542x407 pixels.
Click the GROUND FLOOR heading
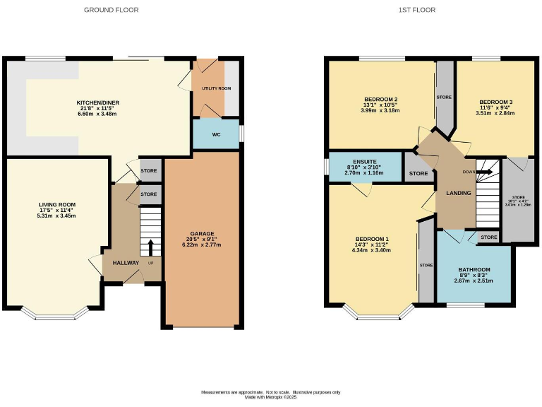click(x=111, y=10)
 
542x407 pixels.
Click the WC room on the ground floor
click(x=216, y=134)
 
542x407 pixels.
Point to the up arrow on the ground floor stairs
click(x=150, y=247)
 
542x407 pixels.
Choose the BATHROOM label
click(x=474, y=269)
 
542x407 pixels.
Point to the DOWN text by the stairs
click(x=469, y=172)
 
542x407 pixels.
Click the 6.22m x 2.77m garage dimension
click(x=201, y=244)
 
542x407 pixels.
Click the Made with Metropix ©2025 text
click(x=271, y=396)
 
